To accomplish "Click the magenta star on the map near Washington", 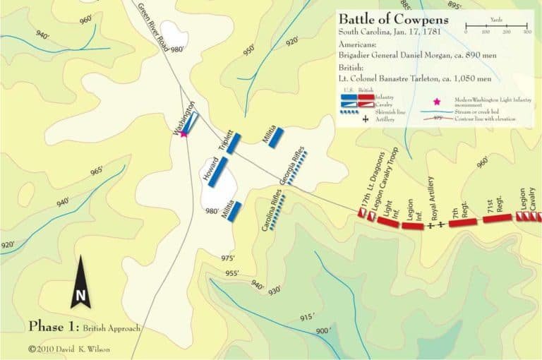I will tap(183, 133).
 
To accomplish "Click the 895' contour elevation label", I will tap(454, 6).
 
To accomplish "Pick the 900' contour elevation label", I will tap(323, 331).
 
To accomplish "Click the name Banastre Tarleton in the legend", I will tap(419, 79).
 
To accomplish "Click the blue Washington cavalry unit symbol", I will tap(192, 122).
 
